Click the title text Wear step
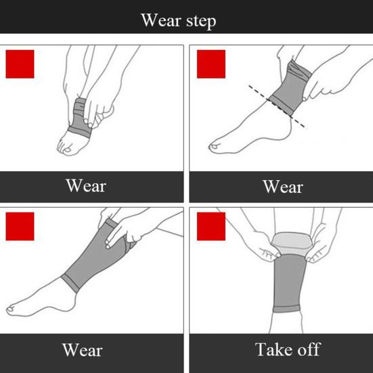click(x=179, y=21)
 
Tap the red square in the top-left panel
click(x=20, y=64)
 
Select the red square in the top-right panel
click(x=211, y=64)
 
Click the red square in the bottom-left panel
click(x=20, y=226)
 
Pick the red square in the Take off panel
click(x=211, y=226)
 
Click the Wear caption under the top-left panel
click(x=86, y=185)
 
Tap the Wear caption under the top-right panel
click(x=283, y=187)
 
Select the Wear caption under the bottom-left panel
click(x=83, y=350)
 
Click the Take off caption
click(x=288, y=349)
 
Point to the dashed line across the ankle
click(x=278, y=106)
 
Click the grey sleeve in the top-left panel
click(x=79, y=118)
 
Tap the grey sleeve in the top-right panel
click(x=290, y=87)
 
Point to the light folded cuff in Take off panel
click(x=291, y=243)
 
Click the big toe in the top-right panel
click(x=214, y=146)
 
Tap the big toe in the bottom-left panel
click(x=11, y=309)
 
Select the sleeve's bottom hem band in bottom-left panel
click(x=70, y=283)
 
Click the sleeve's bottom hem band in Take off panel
click(x=286, y=309)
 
